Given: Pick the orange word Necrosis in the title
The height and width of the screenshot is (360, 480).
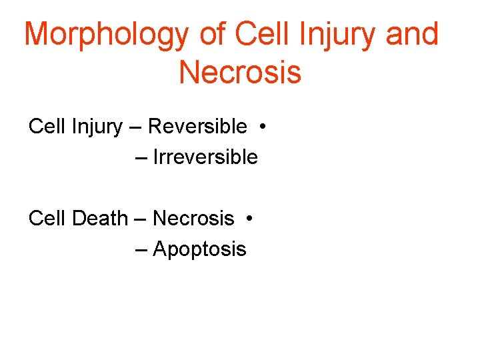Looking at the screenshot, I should (x=240, y=72).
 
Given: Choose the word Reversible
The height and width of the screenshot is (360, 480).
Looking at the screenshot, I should (x=197, y=126).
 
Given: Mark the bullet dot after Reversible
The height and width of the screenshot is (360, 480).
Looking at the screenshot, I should (x=265, y=126).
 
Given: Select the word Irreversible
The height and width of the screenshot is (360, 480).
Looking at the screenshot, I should (x=205, y=157).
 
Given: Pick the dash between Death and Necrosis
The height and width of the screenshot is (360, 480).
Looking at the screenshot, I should (x=141, y=219).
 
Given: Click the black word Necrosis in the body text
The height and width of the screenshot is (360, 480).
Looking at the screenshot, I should (x=193, y=218).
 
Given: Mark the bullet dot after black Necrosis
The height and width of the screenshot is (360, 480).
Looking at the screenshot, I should (x=247, y=218).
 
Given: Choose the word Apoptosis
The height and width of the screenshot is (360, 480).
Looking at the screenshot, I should (x=199, y=249).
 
